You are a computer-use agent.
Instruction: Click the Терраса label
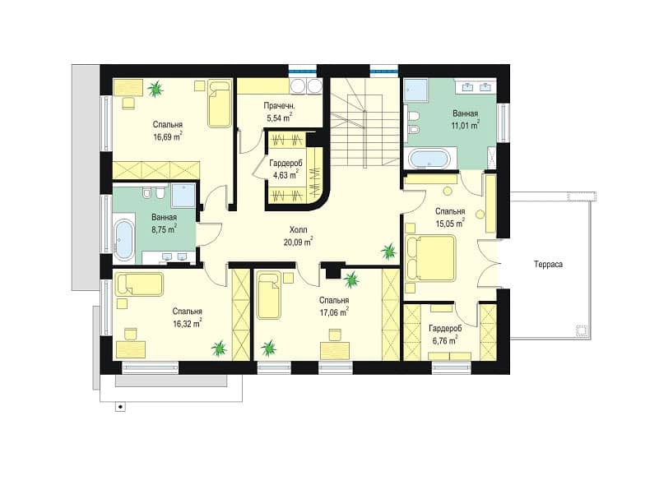(548, 265)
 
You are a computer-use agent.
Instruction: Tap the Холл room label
(298, 230)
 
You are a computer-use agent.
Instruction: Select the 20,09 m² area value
(298, 242)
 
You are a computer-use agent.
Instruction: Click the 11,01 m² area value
(466, 125)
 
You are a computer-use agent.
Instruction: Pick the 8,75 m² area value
(164, 229)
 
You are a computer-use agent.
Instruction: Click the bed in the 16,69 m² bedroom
(220, 104)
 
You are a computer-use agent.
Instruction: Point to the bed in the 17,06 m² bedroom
(268, 295)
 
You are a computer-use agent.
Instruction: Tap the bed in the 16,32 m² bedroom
(139, 284)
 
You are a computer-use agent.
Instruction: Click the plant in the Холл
(388, 252)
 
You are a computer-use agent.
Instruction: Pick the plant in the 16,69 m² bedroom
(155, 89)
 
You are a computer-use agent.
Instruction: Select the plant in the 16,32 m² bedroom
(219, 348)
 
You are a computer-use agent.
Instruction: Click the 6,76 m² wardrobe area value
(445, 340)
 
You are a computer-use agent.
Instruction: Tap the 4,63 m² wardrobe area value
(285, 175)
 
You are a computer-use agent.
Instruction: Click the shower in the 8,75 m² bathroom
(183, 196)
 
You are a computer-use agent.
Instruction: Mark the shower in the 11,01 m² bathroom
(415, 91)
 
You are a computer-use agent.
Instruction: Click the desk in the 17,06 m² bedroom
(335, 350)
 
